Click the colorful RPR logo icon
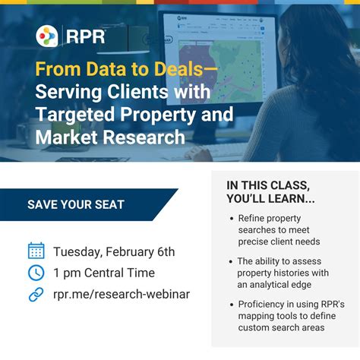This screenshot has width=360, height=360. pos(47,36)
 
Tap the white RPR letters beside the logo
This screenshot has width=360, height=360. pos(86,37)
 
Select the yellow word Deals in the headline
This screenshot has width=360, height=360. pos(178,69)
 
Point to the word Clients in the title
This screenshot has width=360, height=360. pos(137,92)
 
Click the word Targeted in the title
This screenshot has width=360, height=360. pos(75,115)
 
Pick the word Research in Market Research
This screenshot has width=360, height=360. pos(144,137)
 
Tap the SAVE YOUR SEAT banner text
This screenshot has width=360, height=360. pos(76,204)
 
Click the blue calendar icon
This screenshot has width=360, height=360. pos(36,251)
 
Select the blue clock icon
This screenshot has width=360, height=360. pos(36,273)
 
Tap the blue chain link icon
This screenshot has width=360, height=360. pos(36,295)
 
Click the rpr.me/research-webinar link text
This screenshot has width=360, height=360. pos(122,295)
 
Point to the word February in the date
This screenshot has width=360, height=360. pos(130,252)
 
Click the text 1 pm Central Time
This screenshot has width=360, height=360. pos(104,273)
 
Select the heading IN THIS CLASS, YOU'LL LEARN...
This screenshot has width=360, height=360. pos(270,192)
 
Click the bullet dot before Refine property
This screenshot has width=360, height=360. pos(232,219)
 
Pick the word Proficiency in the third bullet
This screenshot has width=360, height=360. pos(261,305)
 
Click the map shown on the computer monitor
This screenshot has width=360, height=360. pos(219,71)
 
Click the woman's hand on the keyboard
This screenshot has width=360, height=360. pos(200,154)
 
